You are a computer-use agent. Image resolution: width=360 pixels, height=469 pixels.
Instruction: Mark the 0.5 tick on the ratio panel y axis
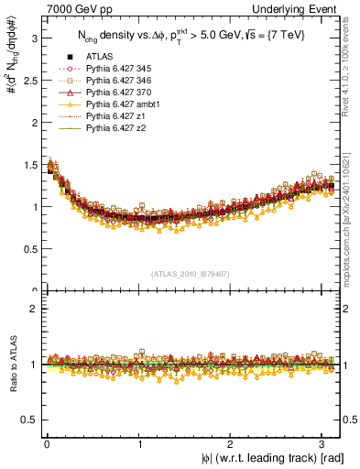29,420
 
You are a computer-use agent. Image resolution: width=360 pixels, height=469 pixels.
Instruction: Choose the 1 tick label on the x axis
138,444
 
